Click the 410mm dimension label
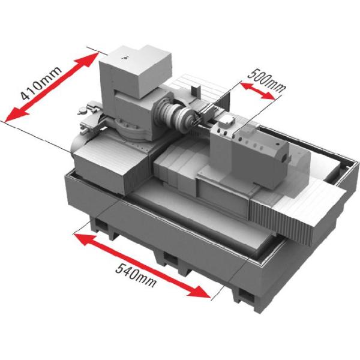pos(41,83)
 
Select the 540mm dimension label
pos(136,275)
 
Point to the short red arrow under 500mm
pos(257,91)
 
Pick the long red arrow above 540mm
pos(142,266)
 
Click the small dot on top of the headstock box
pos(125,58)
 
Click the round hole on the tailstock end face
pos(284,158)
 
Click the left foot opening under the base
pos(101,224)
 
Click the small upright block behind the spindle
pos(196,90)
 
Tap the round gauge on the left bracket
pos(82,112)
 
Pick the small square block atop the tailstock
pos(226,121)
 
